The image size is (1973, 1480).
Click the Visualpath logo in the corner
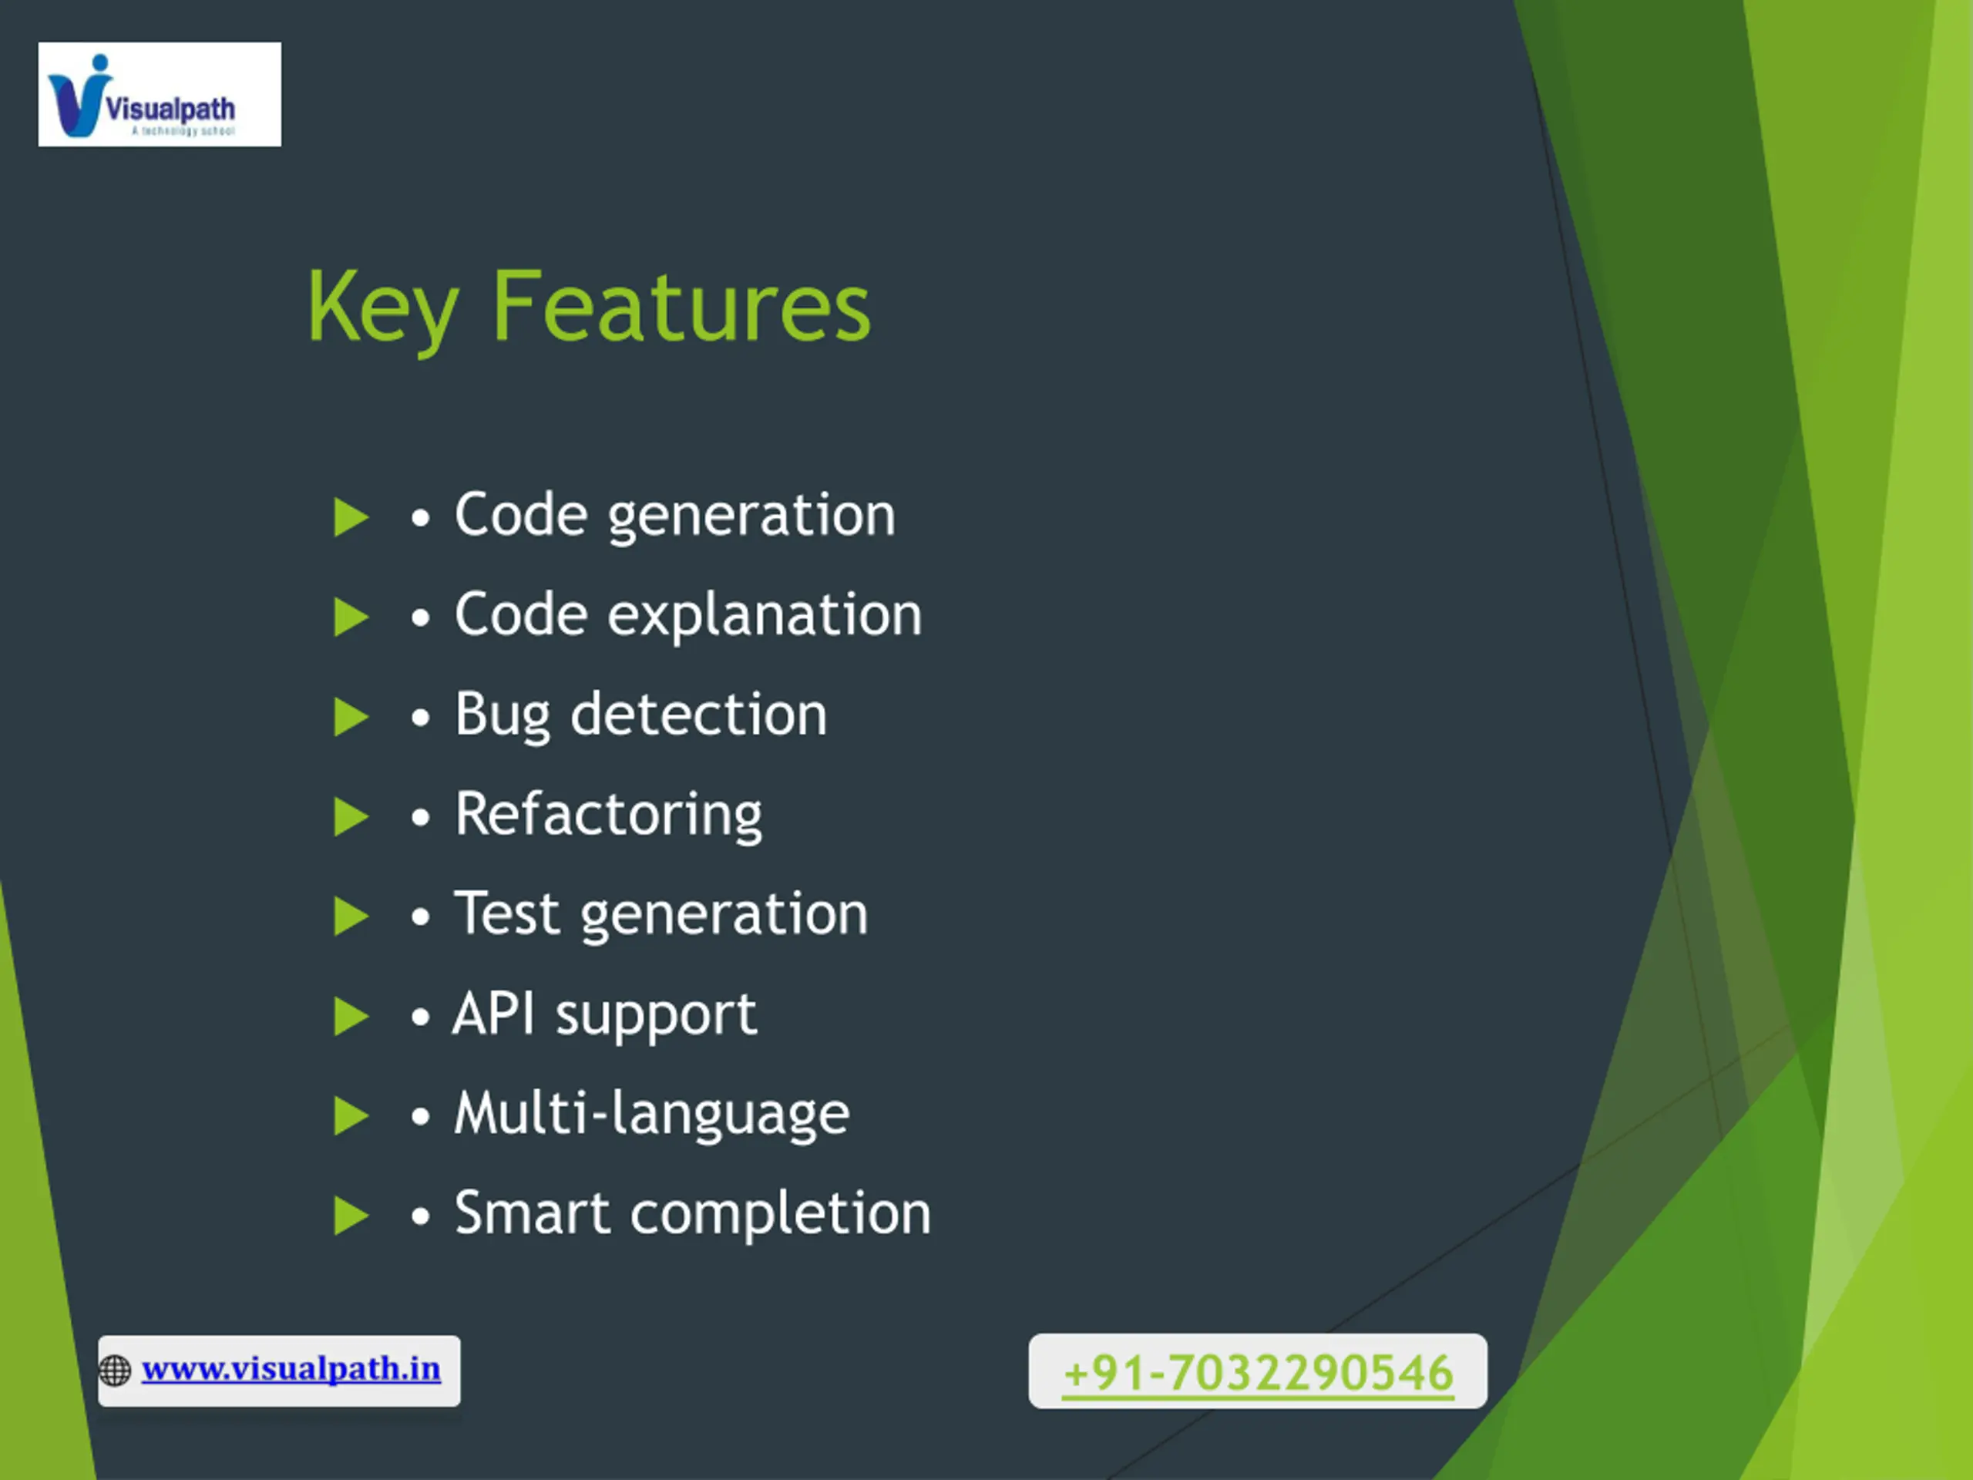(160, 94)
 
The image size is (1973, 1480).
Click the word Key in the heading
(384, 308)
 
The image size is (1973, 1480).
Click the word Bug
(502, 715)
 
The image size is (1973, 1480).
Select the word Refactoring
(608, 816)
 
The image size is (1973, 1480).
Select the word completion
(781, 1214)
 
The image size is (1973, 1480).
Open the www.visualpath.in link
(291, 1368)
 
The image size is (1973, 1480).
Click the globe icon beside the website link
(115, 1371)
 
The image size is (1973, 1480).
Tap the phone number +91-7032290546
(1258, 1372)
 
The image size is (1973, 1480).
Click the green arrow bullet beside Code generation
(351, 517)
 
